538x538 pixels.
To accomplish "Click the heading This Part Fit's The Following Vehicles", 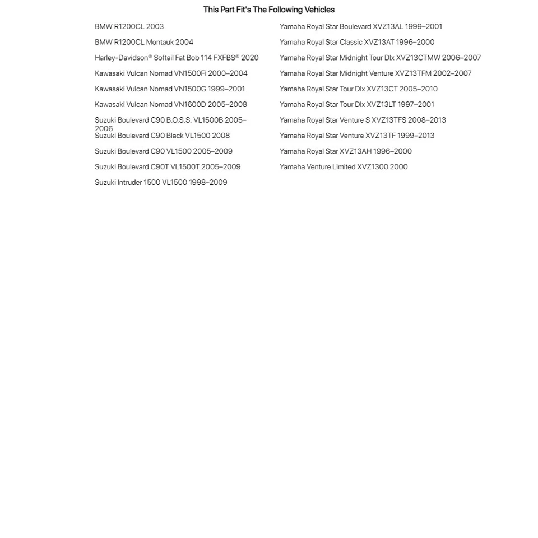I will click(268, 10).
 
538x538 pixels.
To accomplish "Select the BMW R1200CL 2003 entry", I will click(129, 26).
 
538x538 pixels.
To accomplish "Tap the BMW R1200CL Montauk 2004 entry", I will click(143, 42).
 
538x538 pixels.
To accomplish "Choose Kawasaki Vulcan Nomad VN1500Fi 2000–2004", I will click(171, 73).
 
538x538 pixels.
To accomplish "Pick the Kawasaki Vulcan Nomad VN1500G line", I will click(170, 89).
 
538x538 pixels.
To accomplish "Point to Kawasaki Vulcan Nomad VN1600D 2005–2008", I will click(170, 105).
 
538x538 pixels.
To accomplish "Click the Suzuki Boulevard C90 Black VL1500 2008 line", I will click(162, 136).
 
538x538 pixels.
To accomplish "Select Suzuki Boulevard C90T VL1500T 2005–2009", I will click(168, 167).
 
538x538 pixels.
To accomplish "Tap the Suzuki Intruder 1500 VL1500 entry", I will click(161, 183).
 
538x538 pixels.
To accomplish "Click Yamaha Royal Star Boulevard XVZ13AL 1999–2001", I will click(361, 26).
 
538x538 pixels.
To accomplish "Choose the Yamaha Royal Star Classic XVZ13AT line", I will click(357, 42).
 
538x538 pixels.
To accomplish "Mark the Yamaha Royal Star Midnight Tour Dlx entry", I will click(380, 58).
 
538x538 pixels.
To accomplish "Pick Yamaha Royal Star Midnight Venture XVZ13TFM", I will click(375, 73).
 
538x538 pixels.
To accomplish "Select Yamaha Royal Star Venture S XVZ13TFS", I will click(363, 120).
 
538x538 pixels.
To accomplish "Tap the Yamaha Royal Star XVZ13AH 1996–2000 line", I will click(346, 151).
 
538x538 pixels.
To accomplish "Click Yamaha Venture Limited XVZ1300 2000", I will click(344, 167).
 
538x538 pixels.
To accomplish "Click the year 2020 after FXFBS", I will click(250, 58).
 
